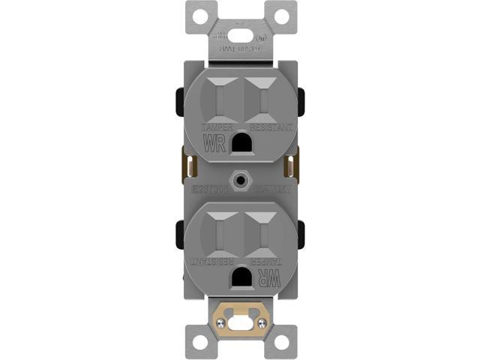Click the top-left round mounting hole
click(x=199, y=14)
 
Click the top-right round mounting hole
click(x=280, y=14)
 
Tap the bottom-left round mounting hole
click(x=199, y=342)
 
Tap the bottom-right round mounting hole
click(x=280, y=342)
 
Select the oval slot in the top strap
click(x=240, y=34)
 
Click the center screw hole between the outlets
click(x=240, y=180)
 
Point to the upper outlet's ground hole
click(x=241, y=140)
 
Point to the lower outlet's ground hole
click(x=241, y=277)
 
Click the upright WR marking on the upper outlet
click(x=214, y=143)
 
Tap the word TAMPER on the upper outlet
click(x=217, y=128)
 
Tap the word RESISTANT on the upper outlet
click(x=268, y=128)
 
